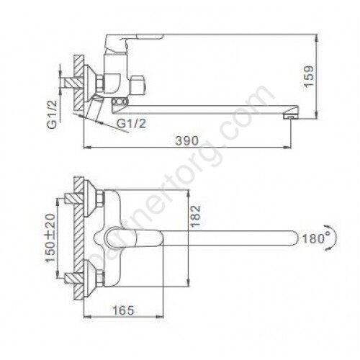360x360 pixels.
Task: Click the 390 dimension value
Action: (x=187, y=141)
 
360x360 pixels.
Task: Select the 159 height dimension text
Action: (x=309, y=76)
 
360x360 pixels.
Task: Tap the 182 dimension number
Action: (x=195, y=216)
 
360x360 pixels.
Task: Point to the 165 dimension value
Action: (x=123, y=310)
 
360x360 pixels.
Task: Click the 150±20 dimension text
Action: (x=50, y=238)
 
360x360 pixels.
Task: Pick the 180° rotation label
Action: (x=314, y=238)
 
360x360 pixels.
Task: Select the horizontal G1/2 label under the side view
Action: (x=131, y=124)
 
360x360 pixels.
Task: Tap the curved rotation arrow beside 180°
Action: (x=333, y=238)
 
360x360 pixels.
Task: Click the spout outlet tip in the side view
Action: (x=291, y=116)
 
